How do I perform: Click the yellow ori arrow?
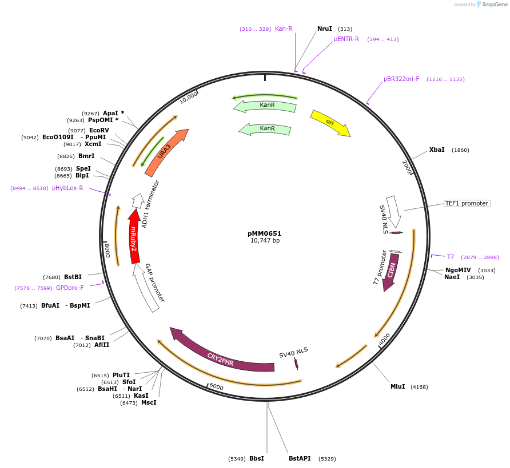[x=330, y=123]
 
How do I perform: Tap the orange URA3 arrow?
[x=166, y=152]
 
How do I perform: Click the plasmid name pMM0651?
[x=264, y=233]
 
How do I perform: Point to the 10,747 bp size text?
[x=265, y=241]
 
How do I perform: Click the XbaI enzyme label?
[x=437, y=150]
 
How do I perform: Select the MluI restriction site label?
[x=397, y=386]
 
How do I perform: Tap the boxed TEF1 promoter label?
[x=467, y=203]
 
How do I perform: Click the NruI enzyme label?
[x=324, y=29]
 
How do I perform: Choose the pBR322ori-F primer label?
[x=401, y=79]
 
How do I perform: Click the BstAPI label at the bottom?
[x=300, y=458]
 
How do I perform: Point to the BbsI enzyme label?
[x=257, y=458]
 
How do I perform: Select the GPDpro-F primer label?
[x=70, y=288]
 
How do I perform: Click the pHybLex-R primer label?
[x=67, y=188]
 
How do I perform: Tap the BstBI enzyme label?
[x=73, y=277]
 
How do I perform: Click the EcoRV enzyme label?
[x=99, y=130]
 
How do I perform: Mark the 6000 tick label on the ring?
[x=216, y=386]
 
